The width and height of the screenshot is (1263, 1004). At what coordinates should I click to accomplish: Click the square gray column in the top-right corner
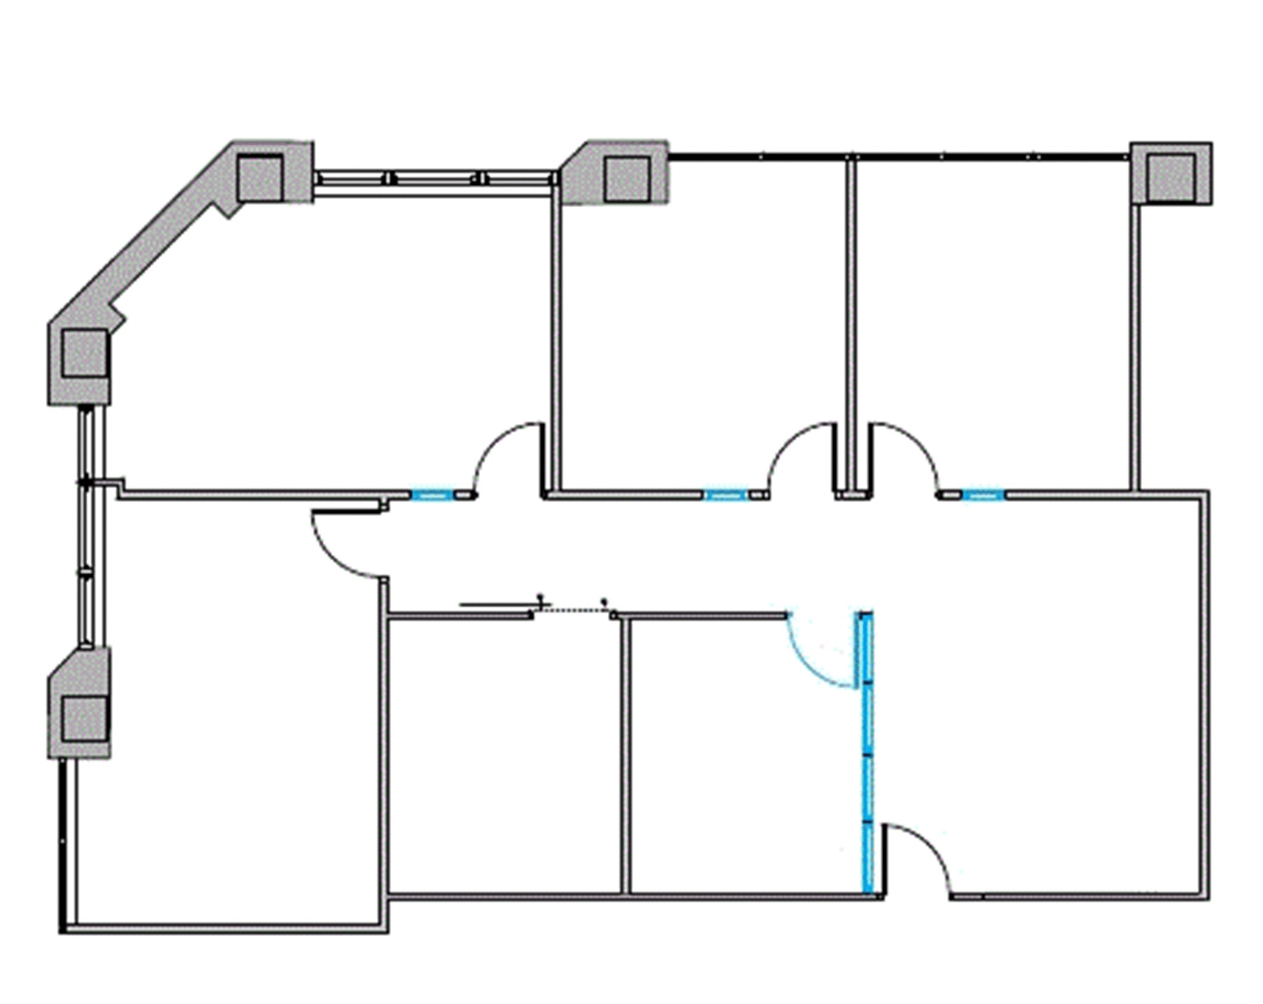(x=1170, y=173)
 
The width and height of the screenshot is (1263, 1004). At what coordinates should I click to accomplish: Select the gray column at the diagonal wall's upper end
(x=260, y=178)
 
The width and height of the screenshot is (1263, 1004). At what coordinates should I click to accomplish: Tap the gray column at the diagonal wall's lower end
(x=84, y=353)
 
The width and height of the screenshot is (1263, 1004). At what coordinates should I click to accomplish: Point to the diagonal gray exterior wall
(x=167, y=247)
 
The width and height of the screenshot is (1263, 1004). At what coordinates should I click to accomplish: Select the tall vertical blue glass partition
(x=867, y=752)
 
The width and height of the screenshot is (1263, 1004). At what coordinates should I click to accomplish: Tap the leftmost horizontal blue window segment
(x=432, y=495)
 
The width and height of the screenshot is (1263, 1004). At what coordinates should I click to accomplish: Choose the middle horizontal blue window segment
(x=725, y=495)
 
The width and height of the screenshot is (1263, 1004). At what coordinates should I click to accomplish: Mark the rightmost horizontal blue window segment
(x=983, y=495)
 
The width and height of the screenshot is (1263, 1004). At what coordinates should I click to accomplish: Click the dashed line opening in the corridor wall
(x=574, y=611)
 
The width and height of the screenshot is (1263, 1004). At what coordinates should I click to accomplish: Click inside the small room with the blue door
(x=740, y=759)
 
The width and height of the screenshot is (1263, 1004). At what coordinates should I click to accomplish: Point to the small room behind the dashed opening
(x=506, y=759)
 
